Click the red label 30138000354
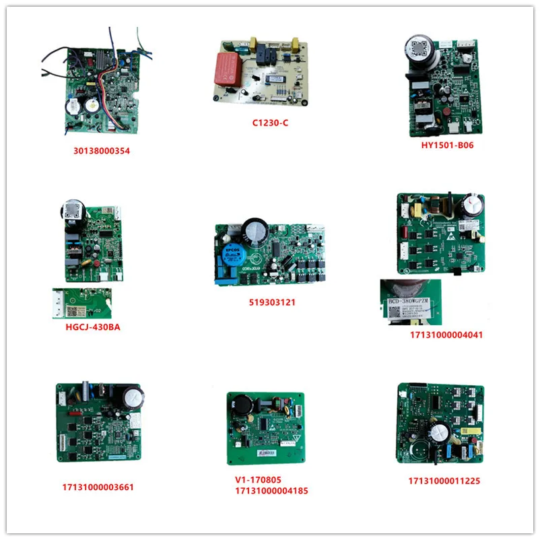click(102, 151)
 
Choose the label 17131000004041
click(444, 335)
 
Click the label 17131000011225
click(444, 481)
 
